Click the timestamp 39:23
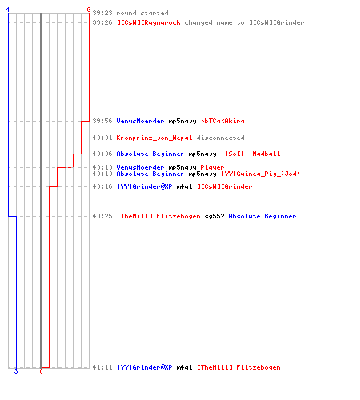[102, 13]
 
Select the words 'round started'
[142, 13]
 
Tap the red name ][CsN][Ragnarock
[149, 22]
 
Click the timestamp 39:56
[102, 121]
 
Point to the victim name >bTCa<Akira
[222, 121]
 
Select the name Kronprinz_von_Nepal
[154, 138]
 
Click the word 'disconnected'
[220, 138]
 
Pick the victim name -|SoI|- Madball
[250, 154]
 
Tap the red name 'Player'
[212, 167]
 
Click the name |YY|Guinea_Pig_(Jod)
[261, 174]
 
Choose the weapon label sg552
[214, 216]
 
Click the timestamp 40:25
[102, 216]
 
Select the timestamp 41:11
[102, 367]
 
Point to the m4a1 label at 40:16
[184, 186]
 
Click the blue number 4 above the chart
[8, 10]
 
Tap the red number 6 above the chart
[89, 10]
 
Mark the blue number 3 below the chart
[16, 371]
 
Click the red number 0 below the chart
[41, 371]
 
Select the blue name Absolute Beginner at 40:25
[262, 216]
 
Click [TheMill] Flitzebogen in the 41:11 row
[238, 367]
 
